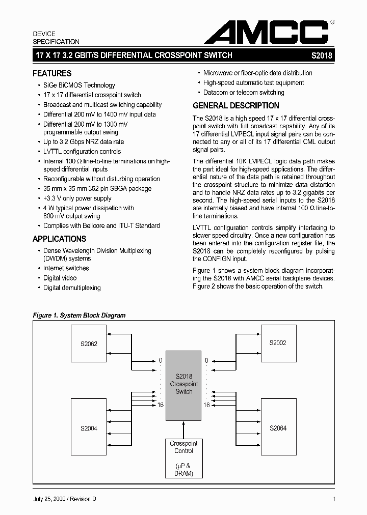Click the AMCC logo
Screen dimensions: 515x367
267,32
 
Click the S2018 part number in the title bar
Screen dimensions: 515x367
322,56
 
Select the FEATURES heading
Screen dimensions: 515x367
52,73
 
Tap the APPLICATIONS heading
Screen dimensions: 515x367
59,239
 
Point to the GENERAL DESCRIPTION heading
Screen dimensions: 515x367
235,106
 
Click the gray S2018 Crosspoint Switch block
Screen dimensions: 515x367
183,384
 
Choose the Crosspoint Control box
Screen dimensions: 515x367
183,458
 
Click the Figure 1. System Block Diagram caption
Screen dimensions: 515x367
79,316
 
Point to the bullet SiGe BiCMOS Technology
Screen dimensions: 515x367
79,85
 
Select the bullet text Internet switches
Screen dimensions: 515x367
66,268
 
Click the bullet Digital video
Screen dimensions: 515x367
60,278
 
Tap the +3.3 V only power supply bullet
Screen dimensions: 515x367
77,198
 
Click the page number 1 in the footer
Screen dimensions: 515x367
333,499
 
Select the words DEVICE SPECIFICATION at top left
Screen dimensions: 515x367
56,38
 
